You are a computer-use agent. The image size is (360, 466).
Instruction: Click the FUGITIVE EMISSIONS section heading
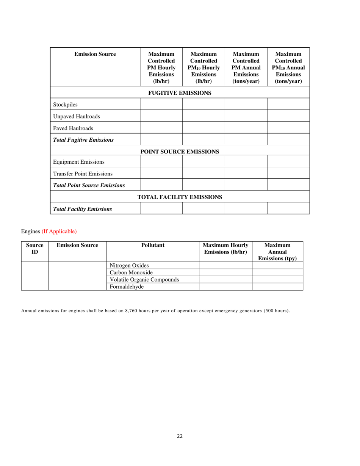(180, 93)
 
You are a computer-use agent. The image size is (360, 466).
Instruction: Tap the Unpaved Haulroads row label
(77, 116)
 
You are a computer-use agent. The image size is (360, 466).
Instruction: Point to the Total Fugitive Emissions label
(83, 140)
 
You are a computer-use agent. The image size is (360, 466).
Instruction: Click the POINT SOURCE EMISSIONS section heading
(180, 152)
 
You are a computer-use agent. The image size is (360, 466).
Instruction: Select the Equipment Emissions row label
(79, 162)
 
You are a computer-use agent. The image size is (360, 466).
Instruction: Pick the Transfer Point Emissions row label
(83, 174)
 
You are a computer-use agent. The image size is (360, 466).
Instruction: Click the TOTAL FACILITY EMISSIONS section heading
(180, 197)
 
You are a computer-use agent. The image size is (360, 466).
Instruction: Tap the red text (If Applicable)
(59, 231)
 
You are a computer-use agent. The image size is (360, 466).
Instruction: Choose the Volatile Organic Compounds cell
(144, 280)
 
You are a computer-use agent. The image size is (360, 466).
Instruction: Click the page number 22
(180, 436)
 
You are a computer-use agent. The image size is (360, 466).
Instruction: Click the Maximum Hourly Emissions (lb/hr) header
(225, 249)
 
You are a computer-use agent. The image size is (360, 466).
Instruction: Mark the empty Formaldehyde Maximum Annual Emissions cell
(277, 287)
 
